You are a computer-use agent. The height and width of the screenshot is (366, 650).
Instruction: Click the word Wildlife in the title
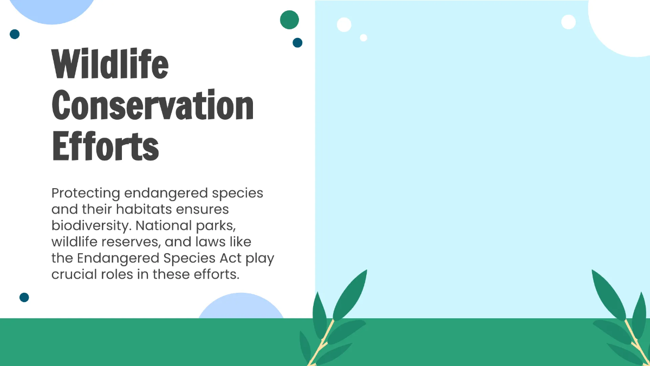(110, 65)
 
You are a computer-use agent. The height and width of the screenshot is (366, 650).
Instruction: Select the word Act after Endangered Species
(229, 258)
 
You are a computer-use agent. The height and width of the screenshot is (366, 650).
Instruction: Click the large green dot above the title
(290, 20)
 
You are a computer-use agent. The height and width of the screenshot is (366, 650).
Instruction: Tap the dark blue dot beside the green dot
(297, 42)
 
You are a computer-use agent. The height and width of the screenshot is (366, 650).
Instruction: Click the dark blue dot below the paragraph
(24, 297)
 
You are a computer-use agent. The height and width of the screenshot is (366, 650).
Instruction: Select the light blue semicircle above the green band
(240, 307)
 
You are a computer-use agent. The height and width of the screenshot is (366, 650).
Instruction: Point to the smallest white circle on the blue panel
(363, 37)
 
